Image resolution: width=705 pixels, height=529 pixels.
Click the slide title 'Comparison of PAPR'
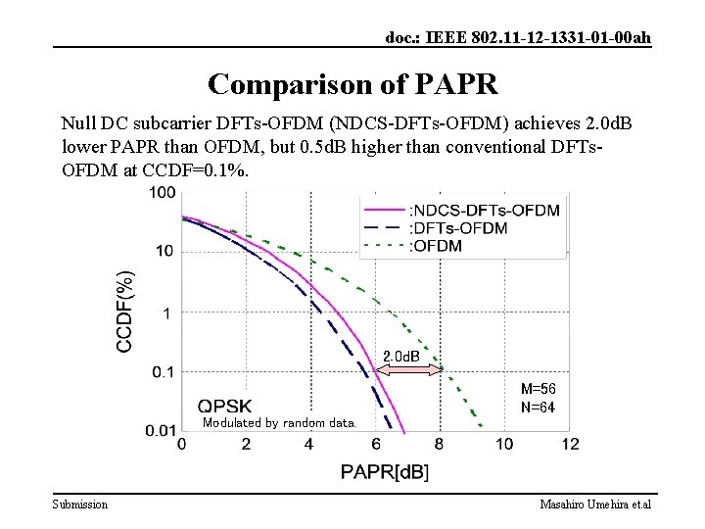pyautogui.click(x=352, y=83)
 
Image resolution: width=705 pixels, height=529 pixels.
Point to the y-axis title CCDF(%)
pyautogui.click(x=126, y=313)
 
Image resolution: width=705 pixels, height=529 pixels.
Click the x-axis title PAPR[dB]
pyautogui.click(x=384, y=472)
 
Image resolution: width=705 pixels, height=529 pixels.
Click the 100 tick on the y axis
pyautogui.click(x=163, y=192)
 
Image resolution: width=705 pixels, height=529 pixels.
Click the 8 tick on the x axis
pyautogui.click(x=440, y=445)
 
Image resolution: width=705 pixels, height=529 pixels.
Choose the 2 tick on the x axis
pyautogui.click(x=246, y=445)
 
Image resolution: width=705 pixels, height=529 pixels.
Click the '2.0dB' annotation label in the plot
pyautogui.click(x=400, y=356)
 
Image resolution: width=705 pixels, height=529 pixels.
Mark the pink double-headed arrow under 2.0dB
pyautogui.click(x=409, y=370)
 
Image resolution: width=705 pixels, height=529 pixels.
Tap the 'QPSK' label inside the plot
pyautogui.click(x=225, y=405)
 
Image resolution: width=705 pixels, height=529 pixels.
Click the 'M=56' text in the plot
pyautogui.click(x=539, y=389)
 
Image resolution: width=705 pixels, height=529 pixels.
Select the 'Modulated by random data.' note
pyautogui.click(x=279, y=423)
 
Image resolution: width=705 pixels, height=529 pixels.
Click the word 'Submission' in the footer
pyautogui.click(x=80, y=504)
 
